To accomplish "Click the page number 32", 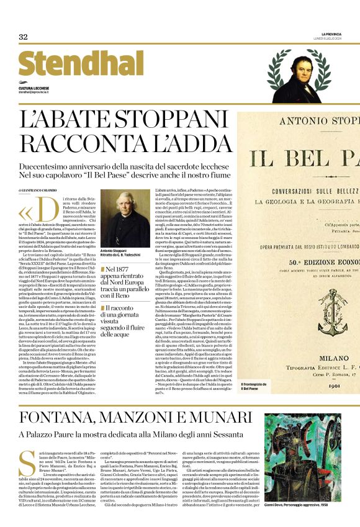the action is pos(23,37).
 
